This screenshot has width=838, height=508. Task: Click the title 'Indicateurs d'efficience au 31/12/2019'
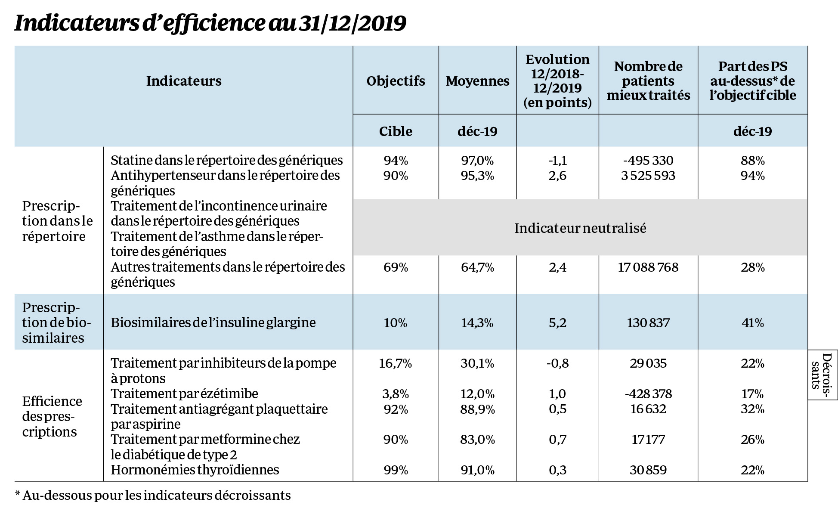(x=210, y=24)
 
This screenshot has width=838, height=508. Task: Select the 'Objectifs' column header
(x=396, y=81)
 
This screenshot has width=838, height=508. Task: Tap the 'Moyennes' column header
(x=477, y=81)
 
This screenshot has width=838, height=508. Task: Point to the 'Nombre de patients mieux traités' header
(x=648, y=81)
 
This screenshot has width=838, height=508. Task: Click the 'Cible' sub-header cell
(x=396, y=131)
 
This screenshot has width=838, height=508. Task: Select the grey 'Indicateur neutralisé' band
(x=580, y=228)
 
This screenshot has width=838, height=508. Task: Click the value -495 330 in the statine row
(x=648, y=161)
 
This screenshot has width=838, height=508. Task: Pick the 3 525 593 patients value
(x=648, y=176)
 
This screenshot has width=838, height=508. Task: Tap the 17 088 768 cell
(x=648, y=267)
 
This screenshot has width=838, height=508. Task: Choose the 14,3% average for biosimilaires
(x=477, y=322)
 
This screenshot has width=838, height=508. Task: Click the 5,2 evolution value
(x=557, y=322)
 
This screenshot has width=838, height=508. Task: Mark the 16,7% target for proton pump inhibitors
(x=396, y=363)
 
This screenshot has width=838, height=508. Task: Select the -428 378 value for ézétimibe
(x=648, y=393)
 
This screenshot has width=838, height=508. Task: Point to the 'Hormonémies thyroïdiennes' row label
(x=195, y=469)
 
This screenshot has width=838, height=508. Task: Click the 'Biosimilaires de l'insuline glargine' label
(x=213, y=322)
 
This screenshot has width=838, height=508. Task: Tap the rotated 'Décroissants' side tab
(x=823, y=375)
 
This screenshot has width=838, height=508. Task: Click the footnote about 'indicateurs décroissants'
(x=153, y=495)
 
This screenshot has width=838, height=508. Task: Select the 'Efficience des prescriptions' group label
(x=52, y=416)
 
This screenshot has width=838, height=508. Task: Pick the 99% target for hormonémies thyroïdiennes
(x=396, y=470)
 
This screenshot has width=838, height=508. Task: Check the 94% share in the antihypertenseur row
(x=752, y=176)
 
